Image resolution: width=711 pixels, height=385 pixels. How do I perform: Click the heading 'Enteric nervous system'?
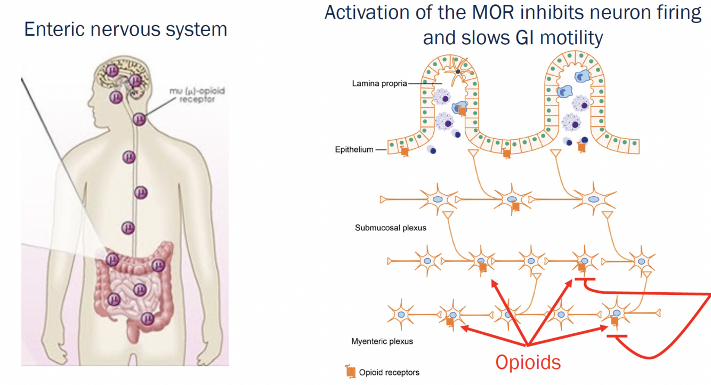pyautogui.click(x=126, y=29)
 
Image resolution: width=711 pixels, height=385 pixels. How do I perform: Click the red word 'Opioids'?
pyautogui.click(x=528, y=362)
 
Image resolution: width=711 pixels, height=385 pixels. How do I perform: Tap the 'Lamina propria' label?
pyautogui.click(x=379, y=84)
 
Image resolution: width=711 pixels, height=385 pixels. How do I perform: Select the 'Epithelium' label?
pyautogui.click(x=354, y=150)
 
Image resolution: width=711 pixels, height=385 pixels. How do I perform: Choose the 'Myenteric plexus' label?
pyautogui.click(x=382, y=341)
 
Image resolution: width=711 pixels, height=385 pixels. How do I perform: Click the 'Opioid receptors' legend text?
pyautogui.click(x=389, y=372)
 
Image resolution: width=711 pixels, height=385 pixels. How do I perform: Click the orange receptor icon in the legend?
pyautogui.click(x=351, y=372)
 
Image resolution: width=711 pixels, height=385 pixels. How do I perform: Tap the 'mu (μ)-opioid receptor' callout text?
pyautogui.click(x=194, y=95)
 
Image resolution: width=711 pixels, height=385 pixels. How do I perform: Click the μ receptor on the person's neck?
pyautogui.click(x=140, y=118)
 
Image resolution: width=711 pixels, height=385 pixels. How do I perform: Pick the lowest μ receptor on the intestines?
pyautogui.click(x=148, y=318)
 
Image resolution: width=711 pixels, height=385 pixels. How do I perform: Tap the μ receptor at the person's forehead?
pyautogui.click(x=112, y=70)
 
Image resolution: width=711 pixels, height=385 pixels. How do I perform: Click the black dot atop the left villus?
pyautogui.click(x=457, y=71)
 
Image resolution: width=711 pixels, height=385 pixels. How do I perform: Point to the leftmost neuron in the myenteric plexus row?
pyautogui.click(x=401, y=315)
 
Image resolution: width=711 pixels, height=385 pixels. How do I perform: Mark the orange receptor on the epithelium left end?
pyautogui.click(x=405, y=151)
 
